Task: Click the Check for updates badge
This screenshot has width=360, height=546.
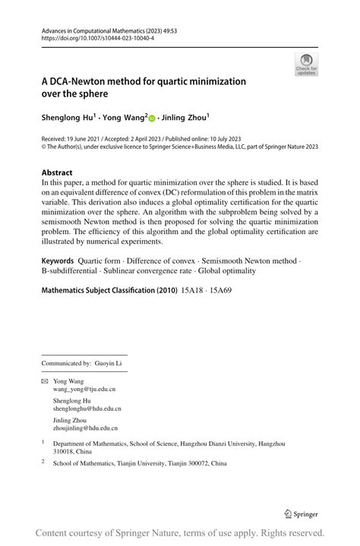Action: tap(306, 64)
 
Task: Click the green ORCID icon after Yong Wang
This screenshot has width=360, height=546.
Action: tap(151, 118)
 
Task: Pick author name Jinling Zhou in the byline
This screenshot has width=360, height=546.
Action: tap(185, 118)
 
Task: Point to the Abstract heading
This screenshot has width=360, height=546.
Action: tap(57, 172)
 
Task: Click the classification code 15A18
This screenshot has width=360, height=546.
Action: tap(194, 289)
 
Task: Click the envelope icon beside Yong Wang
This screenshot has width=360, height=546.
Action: tap(44, 380)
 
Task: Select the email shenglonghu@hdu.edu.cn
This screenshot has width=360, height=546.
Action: tap(87, 409)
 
